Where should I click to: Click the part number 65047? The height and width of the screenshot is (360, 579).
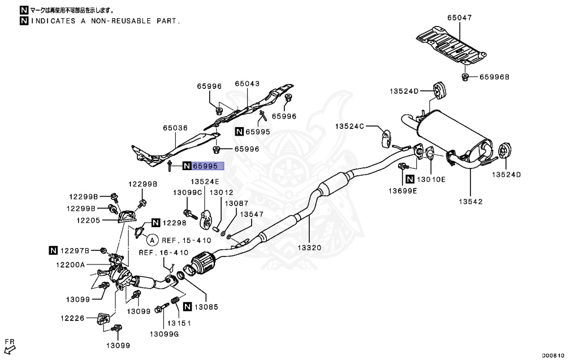459,18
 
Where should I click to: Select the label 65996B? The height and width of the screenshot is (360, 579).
495,77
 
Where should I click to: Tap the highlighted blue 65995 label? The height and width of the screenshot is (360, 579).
208,166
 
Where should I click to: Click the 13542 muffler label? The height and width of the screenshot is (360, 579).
470,200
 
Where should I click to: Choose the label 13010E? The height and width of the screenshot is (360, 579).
431,179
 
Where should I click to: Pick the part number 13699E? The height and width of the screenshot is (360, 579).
402,190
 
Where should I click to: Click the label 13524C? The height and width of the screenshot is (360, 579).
349,127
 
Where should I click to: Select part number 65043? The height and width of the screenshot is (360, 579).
247,84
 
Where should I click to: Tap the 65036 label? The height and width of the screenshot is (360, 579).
175,128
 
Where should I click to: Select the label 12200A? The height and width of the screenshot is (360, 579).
70,264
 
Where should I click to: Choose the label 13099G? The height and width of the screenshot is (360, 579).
164,334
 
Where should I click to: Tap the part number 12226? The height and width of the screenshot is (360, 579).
72,319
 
